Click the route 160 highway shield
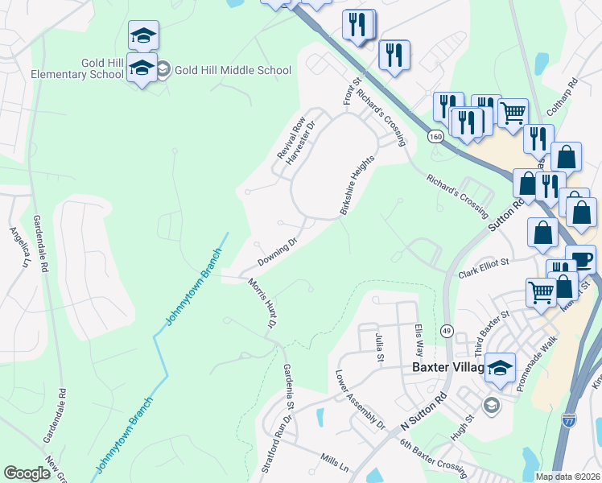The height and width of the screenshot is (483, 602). (x=435, y=137)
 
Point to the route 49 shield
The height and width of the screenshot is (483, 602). (x=445, y=331)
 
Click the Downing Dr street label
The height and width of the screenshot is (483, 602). (x=278, y=252)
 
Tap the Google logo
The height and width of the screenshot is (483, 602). (x=27, y=473)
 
